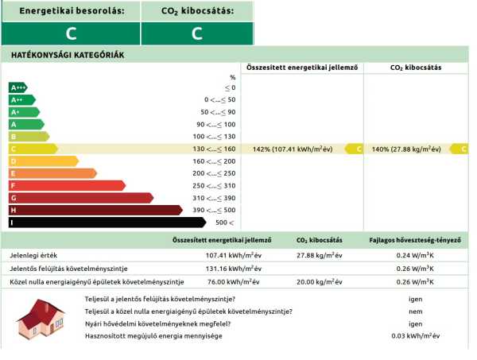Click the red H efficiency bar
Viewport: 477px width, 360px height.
coord(95,210)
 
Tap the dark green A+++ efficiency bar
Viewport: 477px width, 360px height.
coord(19,87)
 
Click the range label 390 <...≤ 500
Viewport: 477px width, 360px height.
coord(215,210)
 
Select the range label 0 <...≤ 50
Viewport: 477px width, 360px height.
coord(219,99)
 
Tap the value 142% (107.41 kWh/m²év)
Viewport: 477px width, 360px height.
coord(293,149)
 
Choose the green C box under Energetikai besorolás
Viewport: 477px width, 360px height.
coord(71,33)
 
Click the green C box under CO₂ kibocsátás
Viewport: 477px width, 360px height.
coord(197,33)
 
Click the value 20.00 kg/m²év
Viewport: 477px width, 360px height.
coord(319,281)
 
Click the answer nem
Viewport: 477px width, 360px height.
coord(415,312)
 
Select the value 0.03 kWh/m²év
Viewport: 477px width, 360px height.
coord(415,336)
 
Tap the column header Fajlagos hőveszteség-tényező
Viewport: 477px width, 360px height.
coord(415,239)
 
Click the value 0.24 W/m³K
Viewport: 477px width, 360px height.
coord(415,256)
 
